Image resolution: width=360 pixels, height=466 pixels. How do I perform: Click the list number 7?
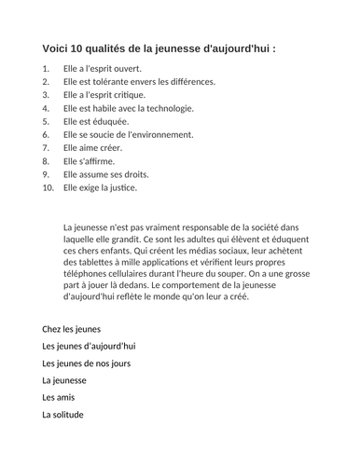pyautogui.click(x=47, y=148)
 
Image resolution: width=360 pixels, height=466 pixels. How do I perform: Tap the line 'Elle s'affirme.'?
pyautogui.click(x=89, y=161)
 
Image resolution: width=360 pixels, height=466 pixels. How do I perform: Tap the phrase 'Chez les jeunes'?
pyautogui.click(x=71, y=329)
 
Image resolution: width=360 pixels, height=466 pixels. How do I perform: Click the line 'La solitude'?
pyautogui.click(x=62, y=414)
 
